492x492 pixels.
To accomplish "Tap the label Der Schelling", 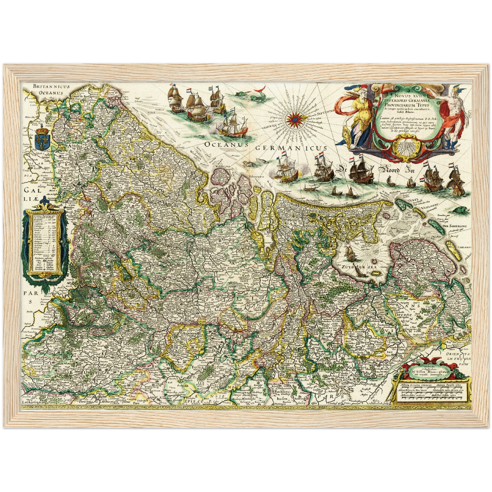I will pos(454,226).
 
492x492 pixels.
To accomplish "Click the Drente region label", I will pos(403,315).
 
